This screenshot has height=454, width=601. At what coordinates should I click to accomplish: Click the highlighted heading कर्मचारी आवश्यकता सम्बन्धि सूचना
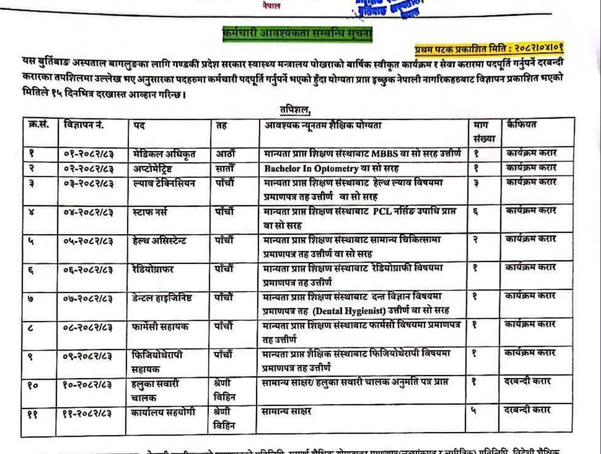[297, 34]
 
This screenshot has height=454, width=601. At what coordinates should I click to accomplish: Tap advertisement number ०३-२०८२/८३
[88, 183]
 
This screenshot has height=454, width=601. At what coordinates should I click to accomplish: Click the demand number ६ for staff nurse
[476, 211]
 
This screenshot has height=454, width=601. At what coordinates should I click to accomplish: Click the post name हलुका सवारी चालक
[154, 390]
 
